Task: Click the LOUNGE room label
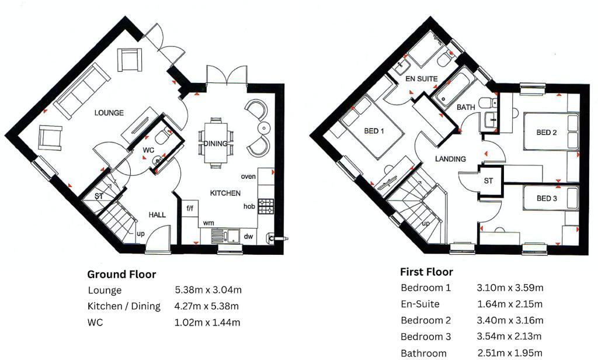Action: pyautogui.click(x=109, y=113)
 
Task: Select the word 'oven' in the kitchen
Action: pyautogui.click(x=248, y=176)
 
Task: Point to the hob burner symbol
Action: pyautogui.click(x=266, y=206)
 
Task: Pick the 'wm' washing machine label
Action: pyautogui.click(x=208, y=223)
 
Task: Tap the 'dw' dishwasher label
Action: pyautogui.click(x=249, y=236)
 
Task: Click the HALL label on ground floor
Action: pyautogui.click(x=157, y=214)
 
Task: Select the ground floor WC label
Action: pyautogui.click(x=148, y=150)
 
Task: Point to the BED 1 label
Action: pyautogui.click(x=374, y=131)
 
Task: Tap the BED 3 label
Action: pyautogui.click(x=547, y=198)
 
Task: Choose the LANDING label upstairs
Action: pyautogui.click(x=450, y=159)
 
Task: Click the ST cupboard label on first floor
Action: pyautogui.click(x=488, y=181)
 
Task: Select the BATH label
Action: pyautogui.click(x=465, y=108)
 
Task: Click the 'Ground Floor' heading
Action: pyautogui.click(x=121, y=274)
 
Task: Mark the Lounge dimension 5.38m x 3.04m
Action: pyautogui.click(x=208, y=290)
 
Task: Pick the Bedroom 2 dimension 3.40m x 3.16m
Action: pyautogui.click(x=510, y=320)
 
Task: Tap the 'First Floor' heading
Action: pyautogui.click(x=426, y=272)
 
